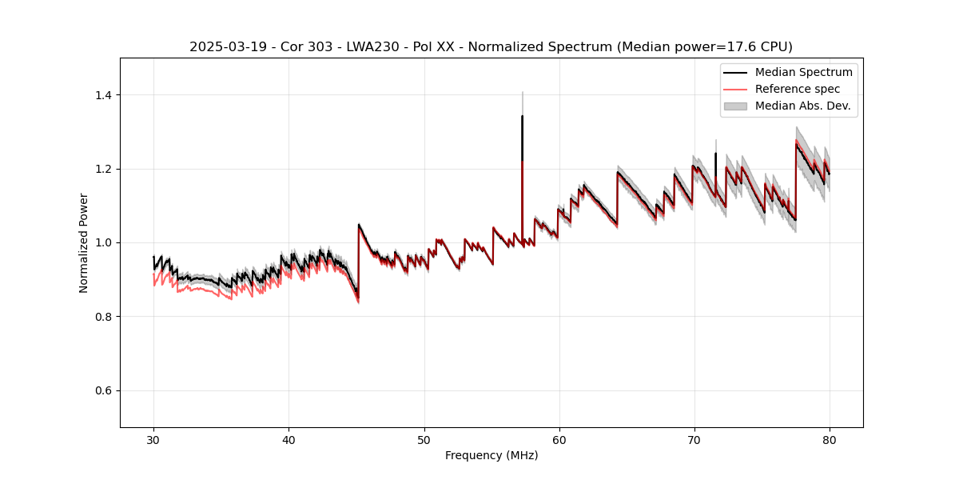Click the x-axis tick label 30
(x=153, y=439)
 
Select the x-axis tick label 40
(x=288, y=439)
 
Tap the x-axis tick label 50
(x=424, y=439)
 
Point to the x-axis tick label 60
(x=559, y=439)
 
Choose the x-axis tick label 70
(x=694, y=439)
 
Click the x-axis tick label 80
(x=830, y=439)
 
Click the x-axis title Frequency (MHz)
(x=491, y=455)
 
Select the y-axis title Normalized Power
(x=84, y=242)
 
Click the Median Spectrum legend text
(x=803, y=72)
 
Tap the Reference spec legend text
(x=798, y=89)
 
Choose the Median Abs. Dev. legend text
(x=803, y=106)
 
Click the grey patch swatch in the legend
(x=735, y=106)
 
